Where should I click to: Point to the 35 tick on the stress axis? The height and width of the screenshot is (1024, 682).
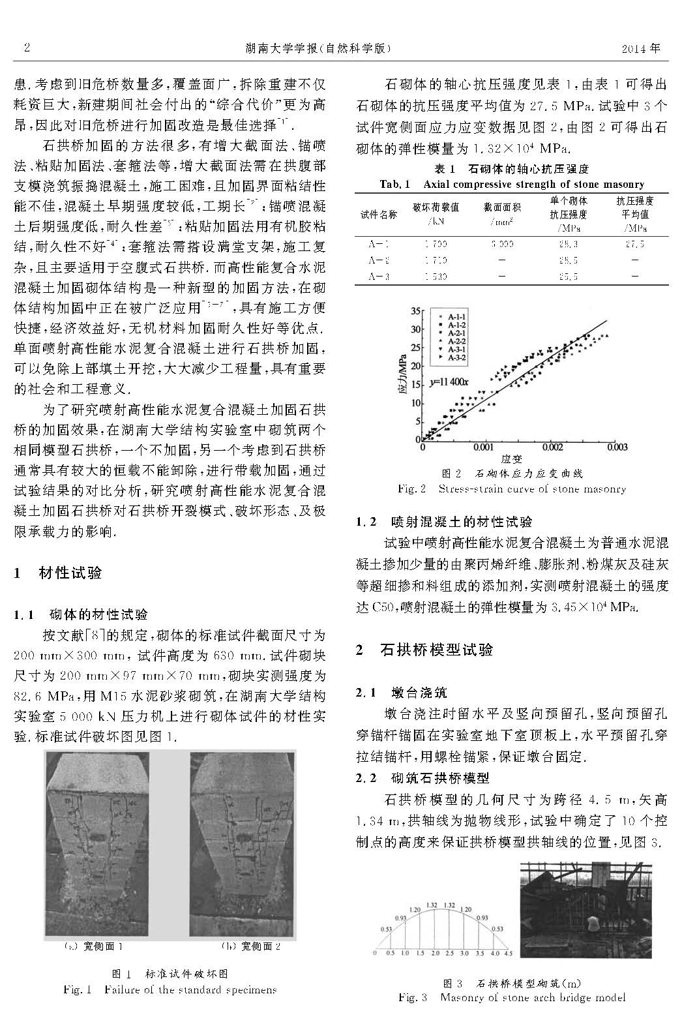click(x=417, y=311)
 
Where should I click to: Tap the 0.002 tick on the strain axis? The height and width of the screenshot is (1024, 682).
click(x=552, y=447)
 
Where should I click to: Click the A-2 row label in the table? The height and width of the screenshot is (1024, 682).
click(x=378, y=260)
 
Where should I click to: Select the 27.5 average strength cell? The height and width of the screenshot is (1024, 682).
click(x=634, y=244)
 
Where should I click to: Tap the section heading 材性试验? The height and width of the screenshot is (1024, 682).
click(x=70, y=573)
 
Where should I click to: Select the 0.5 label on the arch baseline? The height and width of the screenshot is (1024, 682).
click(x=390, y=953)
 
